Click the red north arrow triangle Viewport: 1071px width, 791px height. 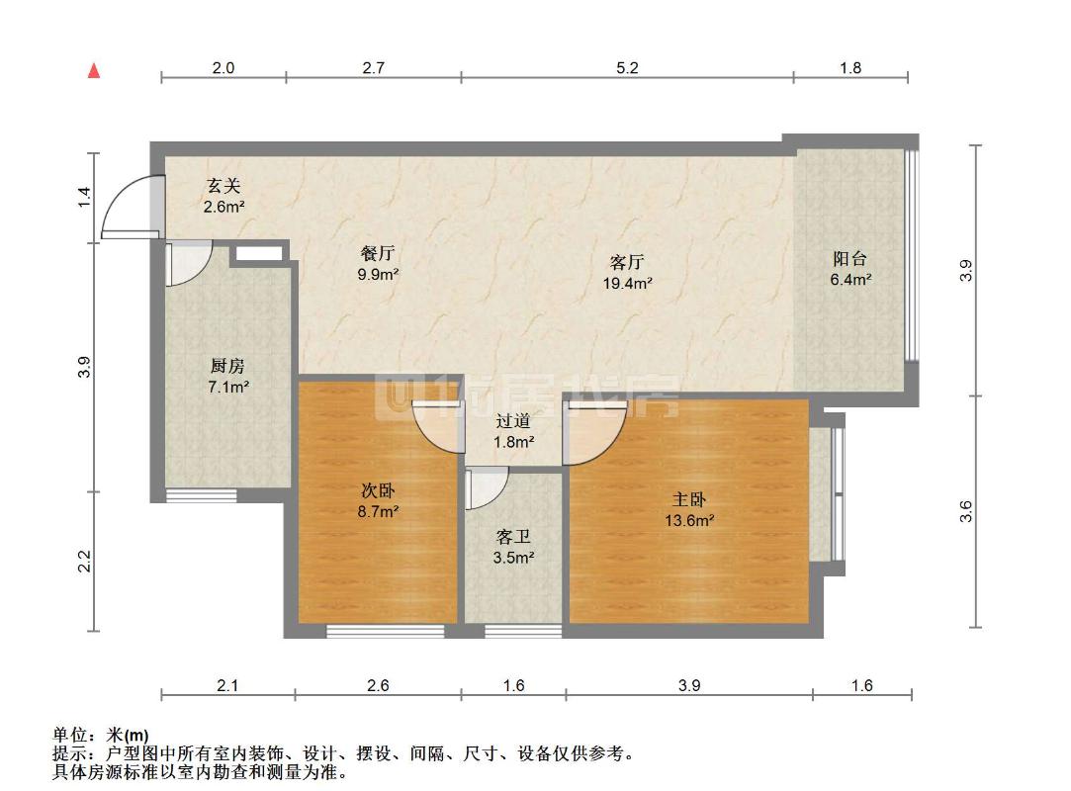(95, 70)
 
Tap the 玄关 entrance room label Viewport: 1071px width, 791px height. (223, 186)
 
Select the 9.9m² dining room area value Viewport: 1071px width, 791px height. (378, 274)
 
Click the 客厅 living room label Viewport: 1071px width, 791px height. (628, 262)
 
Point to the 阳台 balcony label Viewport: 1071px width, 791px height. (849, 259)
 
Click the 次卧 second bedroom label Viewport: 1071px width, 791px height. (378, 490)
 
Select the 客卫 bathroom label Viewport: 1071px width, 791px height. (513, 538)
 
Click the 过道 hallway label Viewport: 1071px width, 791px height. (514, 421)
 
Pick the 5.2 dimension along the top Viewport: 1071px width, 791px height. (627, 68)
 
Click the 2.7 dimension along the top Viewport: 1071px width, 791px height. (373, 68)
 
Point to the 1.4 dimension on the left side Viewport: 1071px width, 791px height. (86, 196)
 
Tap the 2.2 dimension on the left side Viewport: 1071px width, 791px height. (86, 561)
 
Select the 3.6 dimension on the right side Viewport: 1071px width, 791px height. (967, 511)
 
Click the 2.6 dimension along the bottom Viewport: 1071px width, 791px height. (378, 685)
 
